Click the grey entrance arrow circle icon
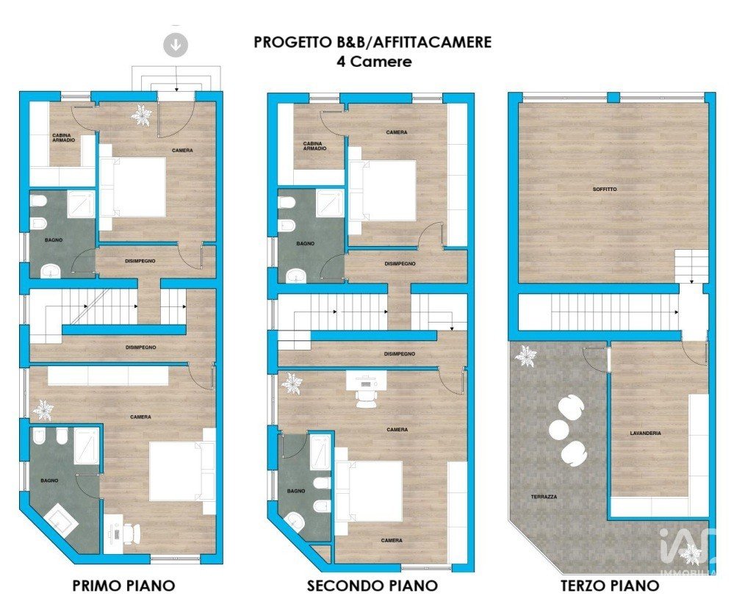coord(176,45)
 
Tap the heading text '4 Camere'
coord(374,62)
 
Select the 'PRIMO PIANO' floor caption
coord(123,586)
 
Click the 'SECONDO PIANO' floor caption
coord(372,586)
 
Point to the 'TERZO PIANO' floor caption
coord(610,586)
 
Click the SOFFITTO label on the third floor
coord(605,189)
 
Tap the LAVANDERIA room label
coord(645,434)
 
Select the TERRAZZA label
coord(544,497)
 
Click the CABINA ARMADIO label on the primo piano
coord(63,138)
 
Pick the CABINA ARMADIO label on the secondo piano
coord(314,146)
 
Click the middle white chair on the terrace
coord(559,429)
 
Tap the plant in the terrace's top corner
coord(526,355)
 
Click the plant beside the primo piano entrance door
coord(142,115)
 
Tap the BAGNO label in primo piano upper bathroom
coord(54,240)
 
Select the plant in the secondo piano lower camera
coord(291,383)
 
